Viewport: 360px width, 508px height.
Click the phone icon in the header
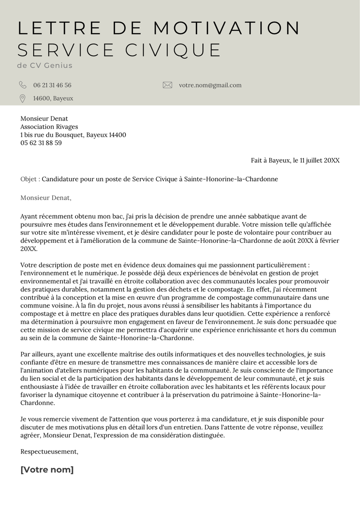22,85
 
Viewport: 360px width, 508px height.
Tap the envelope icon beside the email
167,85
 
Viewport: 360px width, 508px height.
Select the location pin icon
22,98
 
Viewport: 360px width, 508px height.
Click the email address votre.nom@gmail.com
210,85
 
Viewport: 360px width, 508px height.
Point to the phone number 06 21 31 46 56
52,85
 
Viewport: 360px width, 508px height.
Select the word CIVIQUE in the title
173,50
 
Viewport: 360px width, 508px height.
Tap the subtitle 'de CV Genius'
45,66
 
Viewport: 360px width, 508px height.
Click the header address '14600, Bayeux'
53,98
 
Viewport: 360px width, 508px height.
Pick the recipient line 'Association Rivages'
49,127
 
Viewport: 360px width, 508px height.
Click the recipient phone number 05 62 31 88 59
41,143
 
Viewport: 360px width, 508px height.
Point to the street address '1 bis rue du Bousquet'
51,135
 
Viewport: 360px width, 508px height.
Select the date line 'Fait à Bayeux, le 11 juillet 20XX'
295,160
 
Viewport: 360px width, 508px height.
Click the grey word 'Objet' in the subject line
29,179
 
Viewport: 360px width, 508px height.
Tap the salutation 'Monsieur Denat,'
46,197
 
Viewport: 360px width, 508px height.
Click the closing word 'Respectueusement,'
49,451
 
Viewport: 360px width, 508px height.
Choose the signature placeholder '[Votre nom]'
47,470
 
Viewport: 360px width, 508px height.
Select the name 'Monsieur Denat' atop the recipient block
44,119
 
